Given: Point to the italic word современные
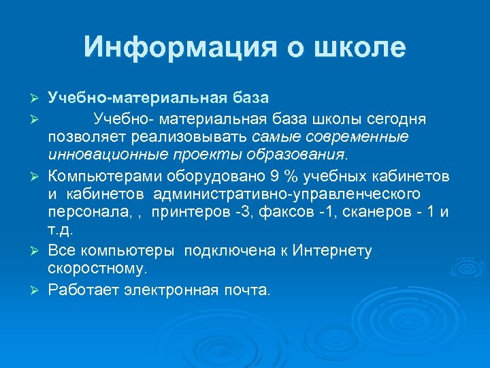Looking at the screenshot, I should click(x=354, y=138).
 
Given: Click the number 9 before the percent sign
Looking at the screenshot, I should click(x=275, y=177).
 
